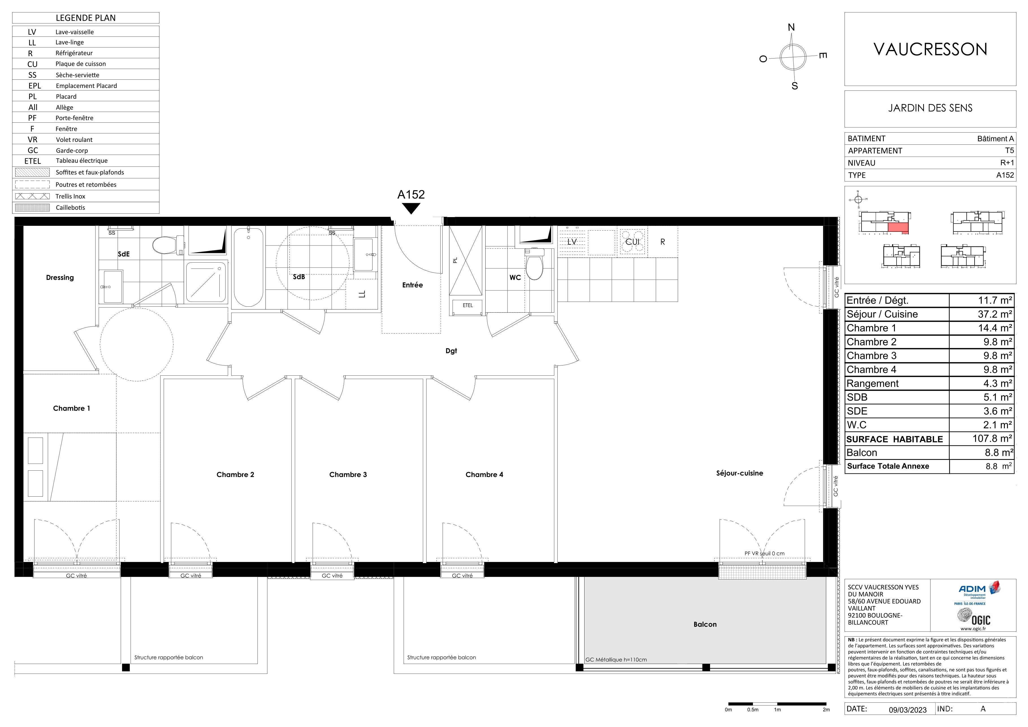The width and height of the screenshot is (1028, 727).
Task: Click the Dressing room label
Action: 60,278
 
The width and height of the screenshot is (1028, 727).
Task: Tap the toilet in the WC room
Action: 534,264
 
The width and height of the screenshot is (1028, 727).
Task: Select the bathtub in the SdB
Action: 248,267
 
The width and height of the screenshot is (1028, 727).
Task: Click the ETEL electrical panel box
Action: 468,305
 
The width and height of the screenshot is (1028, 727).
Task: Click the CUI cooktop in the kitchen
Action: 633,242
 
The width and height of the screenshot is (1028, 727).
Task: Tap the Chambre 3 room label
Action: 348,475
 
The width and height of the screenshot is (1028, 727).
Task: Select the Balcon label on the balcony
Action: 705,624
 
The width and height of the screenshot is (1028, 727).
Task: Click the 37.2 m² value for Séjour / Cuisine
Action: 995,314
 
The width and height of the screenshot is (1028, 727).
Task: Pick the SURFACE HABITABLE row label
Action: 895,439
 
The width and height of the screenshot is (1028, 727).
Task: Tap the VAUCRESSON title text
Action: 930,49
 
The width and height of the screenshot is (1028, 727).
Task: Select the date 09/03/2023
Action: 908,710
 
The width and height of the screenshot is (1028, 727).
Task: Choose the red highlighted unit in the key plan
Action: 898,228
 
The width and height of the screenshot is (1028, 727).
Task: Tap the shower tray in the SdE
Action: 206,282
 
